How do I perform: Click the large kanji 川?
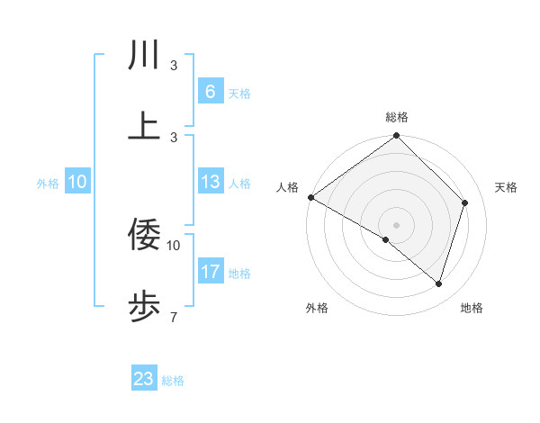pos(144,56)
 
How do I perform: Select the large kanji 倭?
pos(144,236)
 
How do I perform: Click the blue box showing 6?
pos(210,92)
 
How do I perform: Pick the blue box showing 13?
pos(210,183)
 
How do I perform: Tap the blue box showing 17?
pos(210,272)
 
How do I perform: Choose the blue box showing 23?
pos(144,379)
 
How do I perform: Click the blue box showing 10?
pos(77,183)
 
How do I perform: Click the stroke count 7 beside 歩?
pos(173,317)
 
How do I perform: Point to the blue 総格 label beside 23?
pos(173,381)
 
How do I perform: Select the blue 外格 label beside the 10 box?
pos(48,184)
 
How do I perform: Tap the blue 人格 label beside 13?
pos(239,184)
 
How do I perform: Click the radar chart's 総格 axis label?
pos(397,117)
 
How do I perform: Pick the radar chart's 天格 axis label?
pos(506,187)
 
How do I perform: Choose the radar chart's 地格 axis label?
pos(472,308)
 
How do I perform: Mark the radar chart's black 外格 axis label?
pos(317,308)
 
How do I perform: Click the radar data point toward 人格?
pos(310,197)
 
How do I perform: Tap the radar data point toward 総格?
pos(396,137)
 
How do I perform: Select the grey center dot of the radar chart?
pos(396,224)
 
